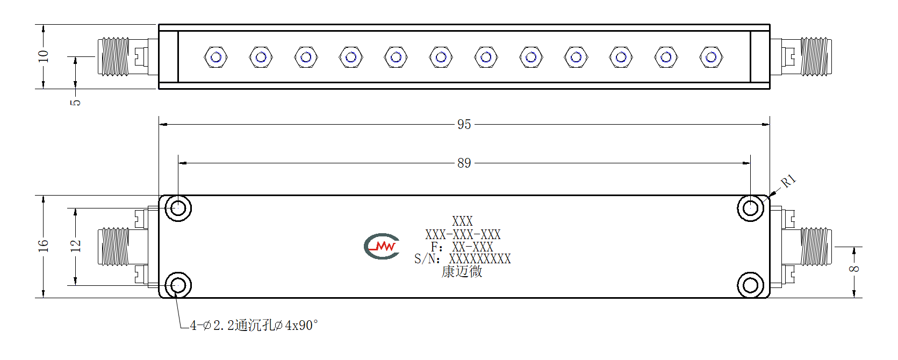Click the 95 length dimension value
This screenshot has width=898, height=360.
pos(464,124)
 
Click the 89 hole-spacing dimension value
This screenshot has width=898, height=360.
pos(464,163)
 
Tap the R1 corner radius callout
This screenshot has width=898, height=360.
pos(788,181)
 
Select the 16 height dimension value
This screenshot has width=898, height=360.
pos(43,246)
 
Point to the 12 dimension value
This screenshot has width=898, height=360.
pos(75,246)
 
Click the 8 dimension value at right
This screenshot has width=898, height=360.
pos(854,269)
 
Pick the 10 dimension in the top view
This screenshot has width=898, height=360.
pos(43,56)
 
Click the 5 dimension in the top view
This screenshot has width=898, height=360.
pos(75,102)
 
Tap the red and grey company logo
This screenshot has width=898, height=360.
pos(382,246)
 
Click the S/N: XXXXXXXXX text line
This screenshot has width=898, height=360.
pos(463,259)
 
